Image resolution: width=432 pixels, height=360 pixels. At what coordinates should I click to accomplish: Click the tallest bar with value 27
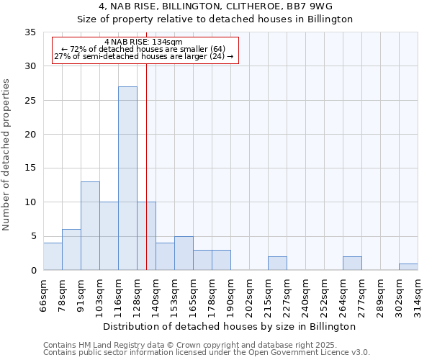coord(127,178)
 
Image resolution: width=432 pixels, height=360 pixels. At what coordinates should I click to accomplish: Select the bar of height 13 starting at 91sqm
coord(90,225)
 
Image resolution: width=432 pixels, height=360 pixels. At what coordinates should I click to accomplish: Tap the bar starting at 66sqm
coord(53,256)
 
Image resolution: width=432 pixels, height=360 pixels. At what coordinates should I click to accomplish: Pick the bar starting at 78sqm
coord(71,249)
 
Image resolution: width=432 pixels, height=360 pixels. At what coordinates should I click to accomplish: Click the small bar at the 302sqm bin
coord(408,266)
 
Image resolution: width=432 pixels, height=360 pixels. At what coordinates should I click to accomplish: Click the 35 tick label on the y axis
coord(30,32)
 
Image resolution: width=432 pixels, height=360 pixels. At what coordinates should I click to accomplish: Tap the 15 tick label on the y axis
coord(30,168)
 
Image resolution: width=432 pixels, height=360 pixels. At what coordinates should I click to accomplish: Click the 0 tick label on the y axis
coord(33,271)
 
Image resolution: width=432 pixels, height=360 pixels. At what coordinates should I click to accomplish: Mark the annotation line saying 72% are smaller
coord(143,49)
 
